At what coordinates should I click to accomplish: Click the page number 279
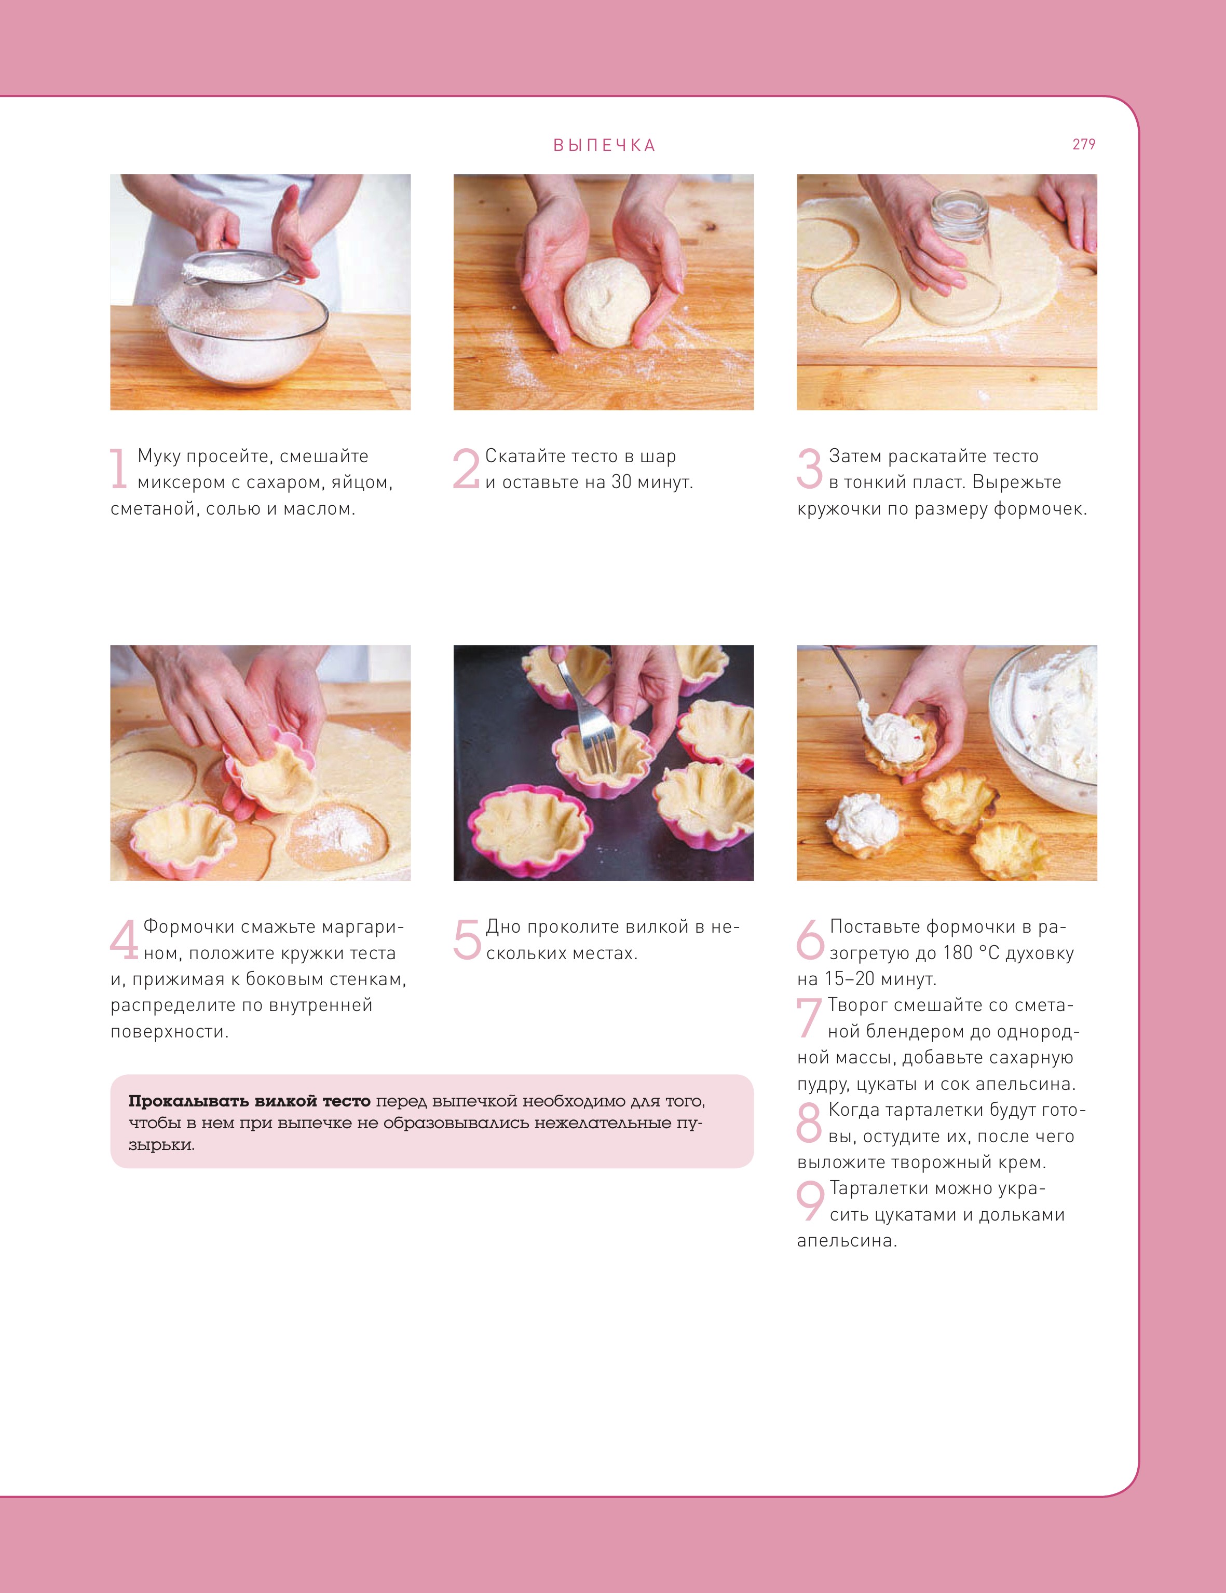[x=1084, y=144]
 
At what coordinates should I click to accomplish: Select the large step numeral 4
[x=124, y=939]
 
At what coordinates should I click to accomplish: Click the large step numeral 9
[x=810, y=1200]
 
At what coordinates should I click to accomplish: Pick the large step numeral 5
[x=467, y=939]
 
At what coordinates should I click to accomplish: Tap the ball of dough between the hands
[x=607, y=302]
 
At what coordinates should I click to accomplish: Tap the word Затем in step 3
[x=855, y=456]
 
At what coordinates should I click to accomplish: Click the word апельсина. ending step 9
[x=847, y=1241]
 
